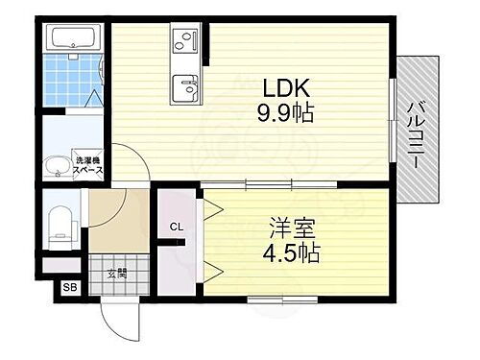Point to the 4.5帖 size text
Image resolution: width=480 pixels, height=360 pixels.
(x=291, y=253)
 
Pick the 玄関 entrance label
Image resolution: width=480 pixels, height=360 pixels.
(x=115, y=273)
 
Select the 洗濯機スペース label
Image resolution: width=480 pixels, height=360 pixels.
(x=90, y=164)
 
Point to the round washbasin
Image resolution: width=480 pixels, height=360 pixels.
(x=61, y=164)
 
